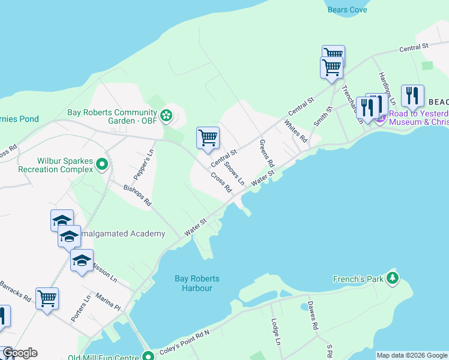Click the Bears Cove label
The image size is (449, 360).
click(x=347, y=10)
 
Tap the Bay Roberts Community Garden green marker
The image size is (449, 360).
click(x=167, y=114)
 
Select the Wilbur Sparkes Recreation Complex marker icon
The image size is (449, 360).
click(x=102, y=163)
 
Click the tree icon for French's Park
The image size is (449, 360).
click(x=393, y=278)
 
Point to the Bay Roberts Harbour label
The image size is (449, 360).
click(x=197, y=283)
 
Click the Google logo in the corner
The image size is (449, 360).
click(x=19, y=353)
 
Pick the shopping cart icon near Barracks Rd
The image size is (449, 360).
click(x=47, y=298)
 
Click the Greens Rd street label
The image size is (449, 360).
click(x=267, y=154)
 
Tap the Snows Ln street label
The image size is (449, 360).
click(x=236, y=173)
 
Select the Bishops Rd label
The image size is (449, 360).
click(x=137, y=196)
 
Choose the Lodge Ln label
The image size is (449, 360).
click(x=276, y=332)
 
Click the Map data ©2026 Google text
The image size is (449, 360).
click(x=412, y=355)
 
